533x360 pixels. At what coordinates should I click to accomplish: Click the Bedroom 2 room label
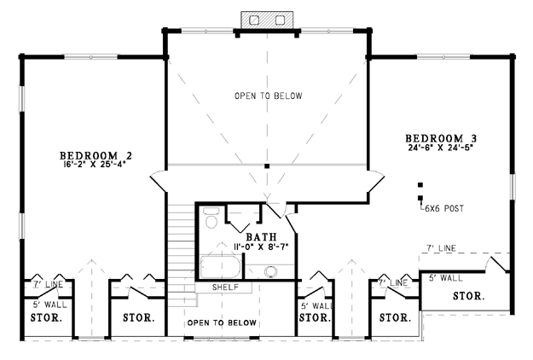[x=96, y=155]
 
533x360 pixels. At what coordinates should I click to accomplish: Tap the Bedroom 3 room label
[x=441, y=138]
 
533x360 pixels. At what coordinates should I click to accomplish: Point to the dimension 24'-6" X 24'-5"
[x=441, y=148]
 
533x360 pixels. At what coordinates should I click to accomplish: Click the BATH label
[x=261, y=236]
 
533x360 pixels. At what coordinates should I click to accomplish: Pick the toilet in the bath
[x=211, y=218]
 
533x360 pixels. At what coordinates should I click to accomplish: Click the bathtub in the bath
[x=220, y=267]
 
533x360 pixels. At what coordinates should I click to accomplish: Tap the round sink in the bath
[x=271, y=272]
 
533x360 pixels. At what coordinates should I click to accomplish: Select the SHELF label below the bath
[x=225, y=287]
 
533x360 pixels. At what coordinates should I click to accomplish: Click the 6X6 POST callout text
[x=444, y=208]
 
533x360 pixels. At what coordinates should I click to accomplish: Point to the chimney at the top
[x=267, y=20]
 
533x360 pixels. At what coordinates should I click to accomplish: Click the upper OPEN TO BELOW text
[x=268, y=96]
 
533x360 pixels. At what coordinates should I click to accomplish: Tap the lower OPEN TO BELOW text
[x=222, y=322]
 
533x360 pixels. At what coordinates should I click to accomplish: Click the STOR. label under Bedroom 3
[x=469, y=296]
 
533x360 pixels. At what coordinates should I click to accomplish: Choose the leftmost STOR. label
[x=46, y=318]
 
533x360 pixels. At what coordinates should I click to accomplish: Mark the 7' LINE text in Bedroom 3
[x=441, y=248]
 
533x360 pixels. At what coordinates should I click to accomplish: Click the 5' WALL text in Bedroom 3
[x=446, y=278]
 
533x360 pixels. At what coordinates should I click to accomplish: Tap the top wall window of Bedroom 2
[x=91, y=57]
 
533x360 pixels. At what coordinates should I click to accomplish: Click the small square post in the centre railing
[x=267, y=166]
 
